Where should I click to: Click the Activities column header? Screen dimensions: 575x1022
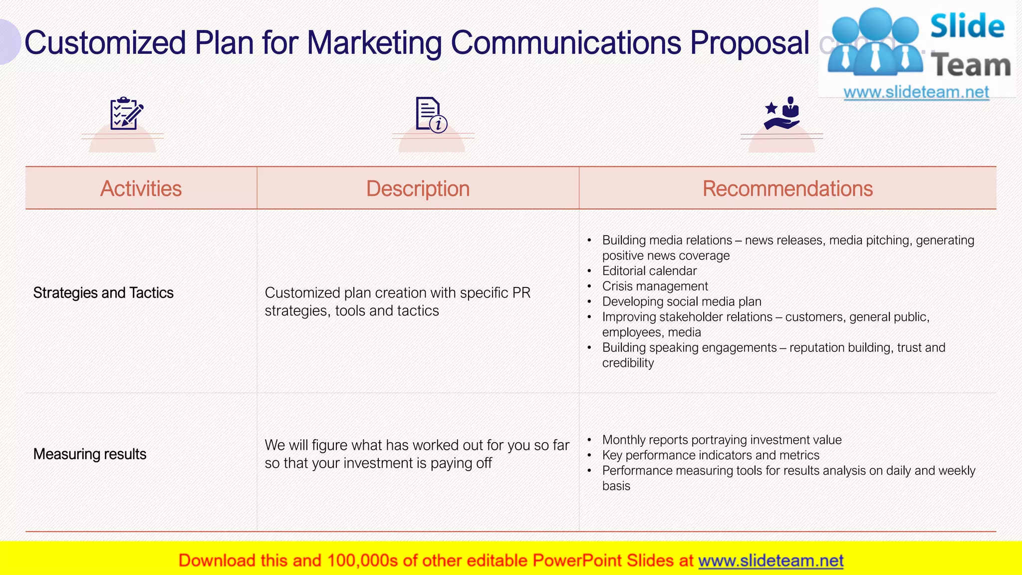(141, 189)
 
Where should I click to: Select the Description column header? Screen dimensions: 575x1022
(418, 189)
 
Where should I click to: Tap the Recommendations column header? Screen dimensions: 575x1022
(787, 189)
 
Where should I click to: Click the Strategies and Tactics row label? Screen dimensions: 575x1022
(103, 293)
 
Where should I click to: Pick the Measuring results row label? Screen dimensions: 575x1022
(90, 454)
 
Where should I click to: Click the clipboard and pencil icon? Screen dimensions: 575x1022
(126, 114)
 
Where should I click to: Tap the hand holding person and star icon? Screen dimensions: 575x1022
(782, 113)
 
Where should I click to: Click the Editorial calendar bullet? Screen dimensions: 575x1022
(649, 271)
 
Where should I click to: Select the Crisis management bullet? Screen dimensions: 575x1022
(655, 287)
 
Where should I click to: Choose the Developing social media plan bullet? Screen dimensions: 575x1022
(682, 302)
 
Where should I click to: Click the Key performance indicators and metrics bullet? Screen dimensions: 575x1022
(711, 455)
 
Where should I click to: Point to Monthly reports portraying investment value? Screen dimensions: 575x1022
(722, 440)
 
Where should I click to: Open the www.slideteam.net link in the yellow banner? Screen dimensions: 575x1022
(770, 561)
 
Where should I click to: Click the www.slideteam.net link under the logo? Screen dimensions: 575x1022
(916, 92)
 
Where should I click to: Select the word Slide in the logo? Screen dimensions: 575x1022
(967, 26)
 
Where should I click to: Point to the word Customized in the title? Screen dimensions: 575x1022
(105, 43)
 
